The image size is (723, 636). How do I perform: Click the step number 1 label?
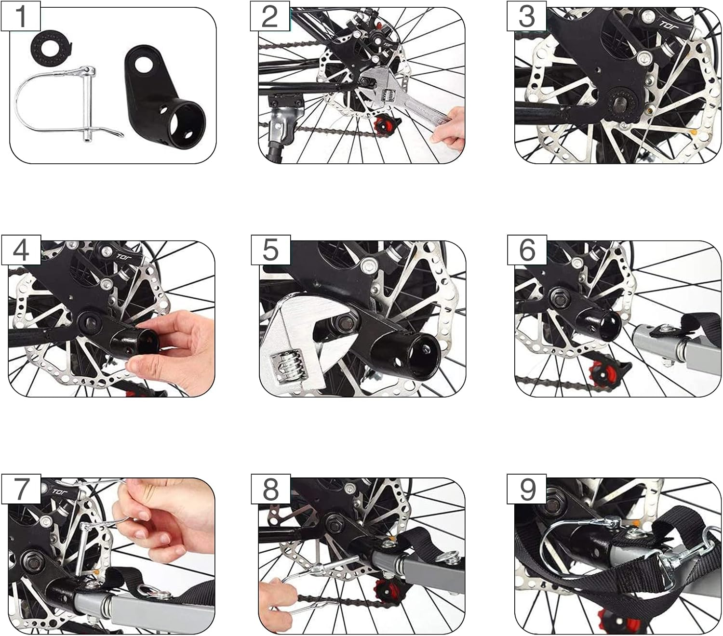coord(21,16)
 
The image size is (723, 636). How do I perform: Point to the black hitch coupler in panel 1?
coord(162,96)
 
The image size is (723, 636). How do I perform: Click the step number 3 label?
coord(527,17)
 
